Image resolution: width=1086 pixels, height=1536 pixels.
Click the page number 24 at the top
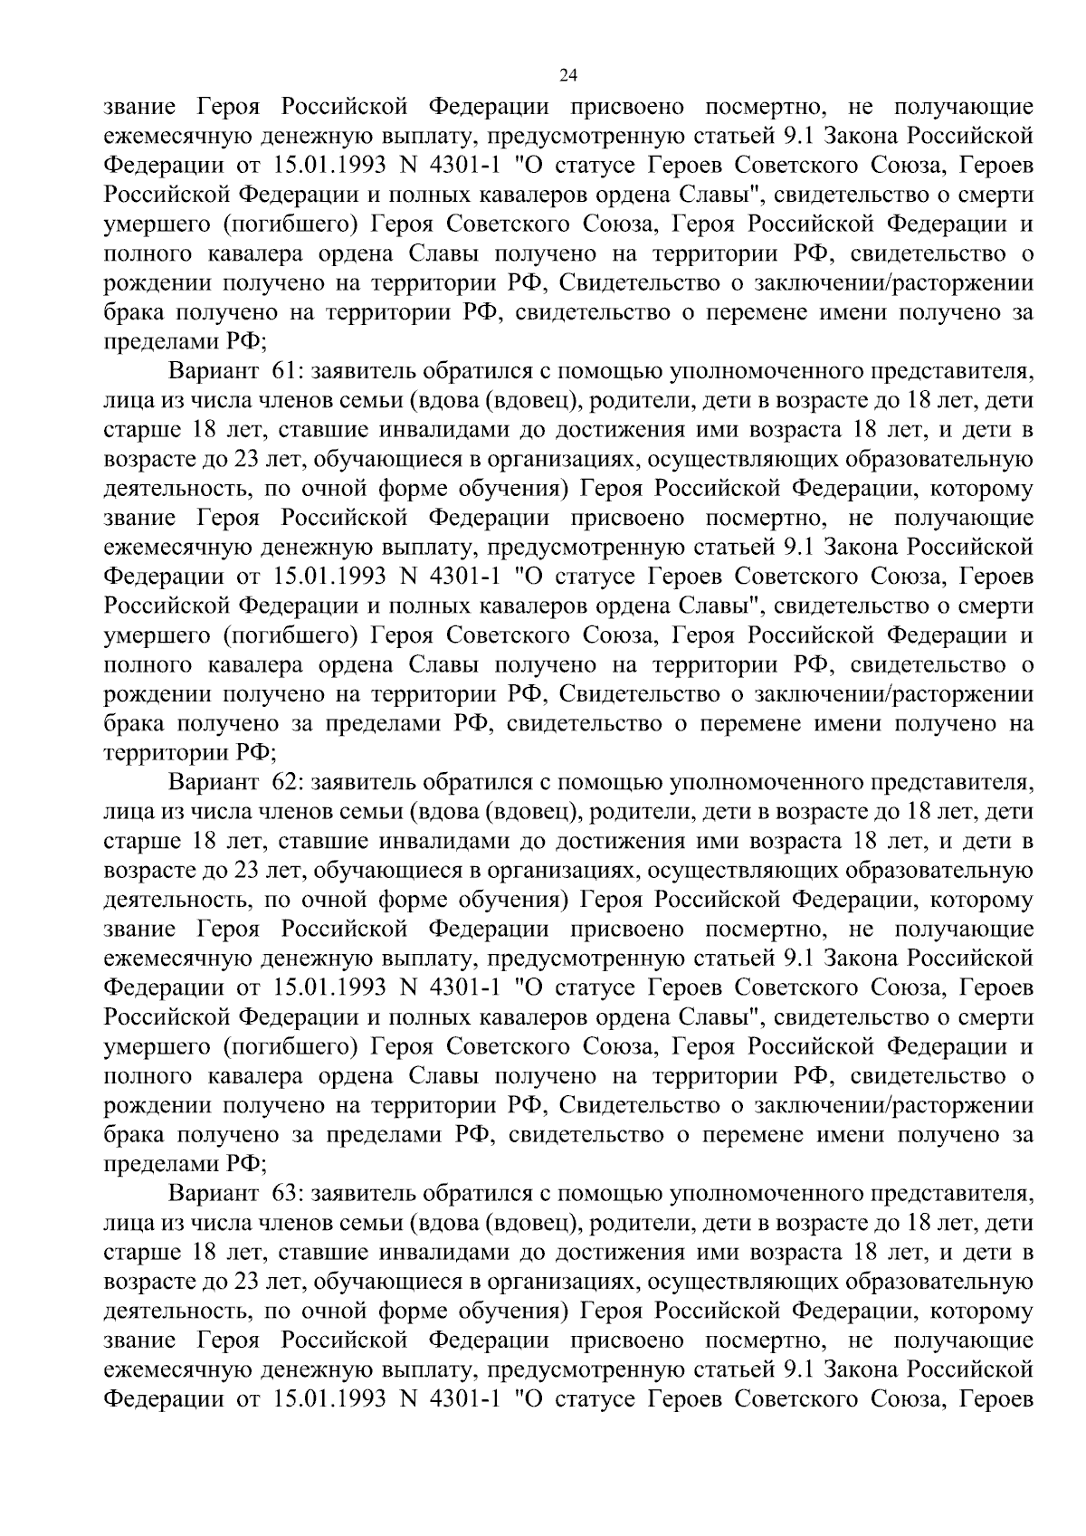(x=568, y=75)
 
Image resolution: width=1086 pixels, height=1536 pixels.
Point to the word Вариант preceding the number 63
(x=213, y=1194)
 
